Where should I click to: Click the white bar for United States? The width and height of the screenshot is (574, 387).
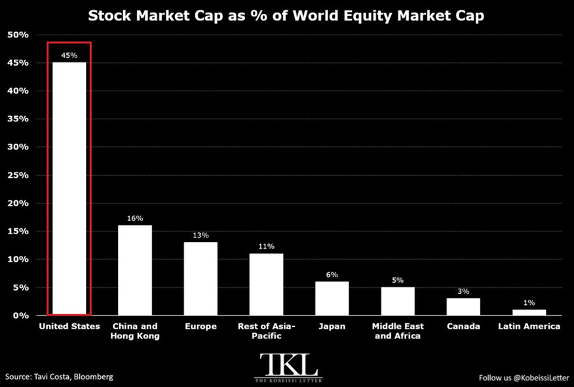[69, 188]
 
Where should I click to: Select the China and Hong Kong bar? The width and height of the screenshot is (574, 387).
[135, 270]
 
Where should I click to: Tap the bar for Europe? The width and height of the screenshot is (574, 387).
[201, 279]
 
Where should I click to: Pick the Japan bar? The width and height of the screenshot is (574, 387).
[332, 298]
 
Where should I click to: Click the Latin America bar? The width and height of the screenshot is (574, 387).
[529, 312]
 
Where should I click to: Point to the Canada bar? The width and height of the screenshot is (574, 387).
[463, 307]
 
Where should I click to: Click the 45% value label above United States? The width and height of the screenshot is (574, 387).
[69, 55]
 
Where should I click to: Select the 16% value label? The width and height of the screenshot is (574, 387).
[135, 218]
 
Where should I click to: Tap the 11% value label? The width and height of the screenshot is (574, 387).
[266, 246]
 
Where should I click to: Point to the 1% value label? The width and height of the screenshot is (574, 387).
[529, 302]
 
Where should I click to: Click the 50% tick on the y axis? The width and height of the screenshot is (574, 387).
[18, 35]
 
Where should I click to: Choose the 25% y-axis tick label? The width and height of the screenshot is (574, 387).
[18, 175]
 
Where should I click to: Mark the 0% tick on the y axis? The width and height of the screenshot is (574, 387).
[20, 316]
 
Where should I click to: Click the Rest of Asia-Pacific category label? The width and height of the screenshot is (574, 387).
[266, 331]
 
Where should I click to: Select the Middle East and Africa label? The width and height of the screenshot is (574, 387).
[398, 331]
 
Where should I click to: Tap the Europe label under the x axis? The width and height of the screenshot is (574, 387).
[201, 326]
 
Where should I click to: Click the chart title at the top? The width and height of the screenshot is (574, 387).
[286, 16]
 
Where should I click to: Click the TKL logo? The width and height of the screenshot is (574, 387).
[288, 367]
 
